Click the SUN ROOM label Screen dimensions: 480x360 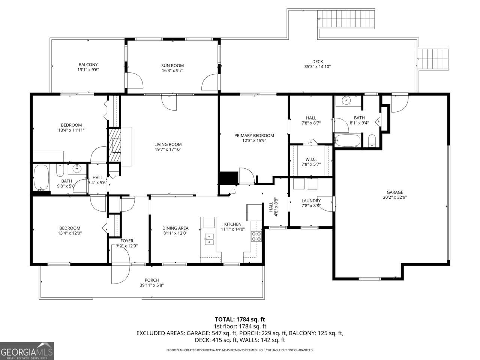click(x=172, y=65)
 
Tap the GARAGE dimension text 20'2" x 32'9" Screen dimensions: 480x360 click(x=395, y=197)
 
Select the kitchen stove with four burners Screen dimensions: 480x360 click(x=256, y=236)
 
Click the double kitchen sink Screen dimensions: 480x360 click(x=209, y=239)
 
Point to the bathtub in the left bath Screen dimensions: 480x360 click(x=41, y=177)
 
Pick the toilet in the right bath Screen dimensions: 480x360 click(x=372, y=141)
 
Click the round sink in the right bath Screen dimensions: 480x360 click(x=346, y=100)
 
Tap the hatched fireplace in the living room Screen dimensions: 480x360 click(x=115, y=145)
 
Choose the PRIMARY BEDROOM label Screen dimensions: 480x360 click(x=254, y=135)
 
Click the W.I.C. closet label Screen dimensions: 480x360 click(x=311, y=160)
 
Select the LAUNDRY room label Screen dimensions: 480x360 click(x=311, y=201)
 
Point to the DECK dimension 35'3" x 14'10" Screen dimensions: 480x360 click(x=318, y=67)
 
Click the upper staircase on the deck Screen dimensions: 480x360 click(x=346, y=19)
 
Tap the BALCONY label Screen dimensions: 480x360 click(x=88, y=65)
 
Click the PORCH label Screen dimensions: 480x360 click(x=152, y=280)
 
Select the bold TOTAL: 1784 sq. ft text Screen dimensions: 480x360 click(x=240, y=319)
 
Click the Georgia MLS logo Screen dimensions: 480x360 click(x=27, y=351)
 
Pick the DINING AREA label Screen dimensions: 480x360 click(x=175, y=228)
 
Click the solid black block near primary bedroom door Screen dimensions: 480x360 click(x=228, y=178)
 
